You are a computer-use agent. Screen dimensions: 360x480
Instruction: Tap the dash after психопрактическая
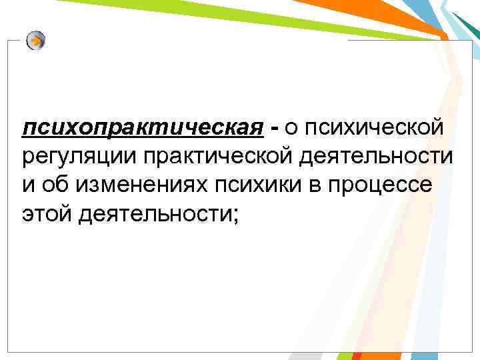tap(275, 126)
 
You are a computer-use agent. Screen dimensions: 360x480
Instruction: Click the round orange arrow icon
tap(36, 41)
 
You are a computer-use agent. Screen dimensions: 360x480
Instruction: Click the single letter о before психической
tap(292, 127)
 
